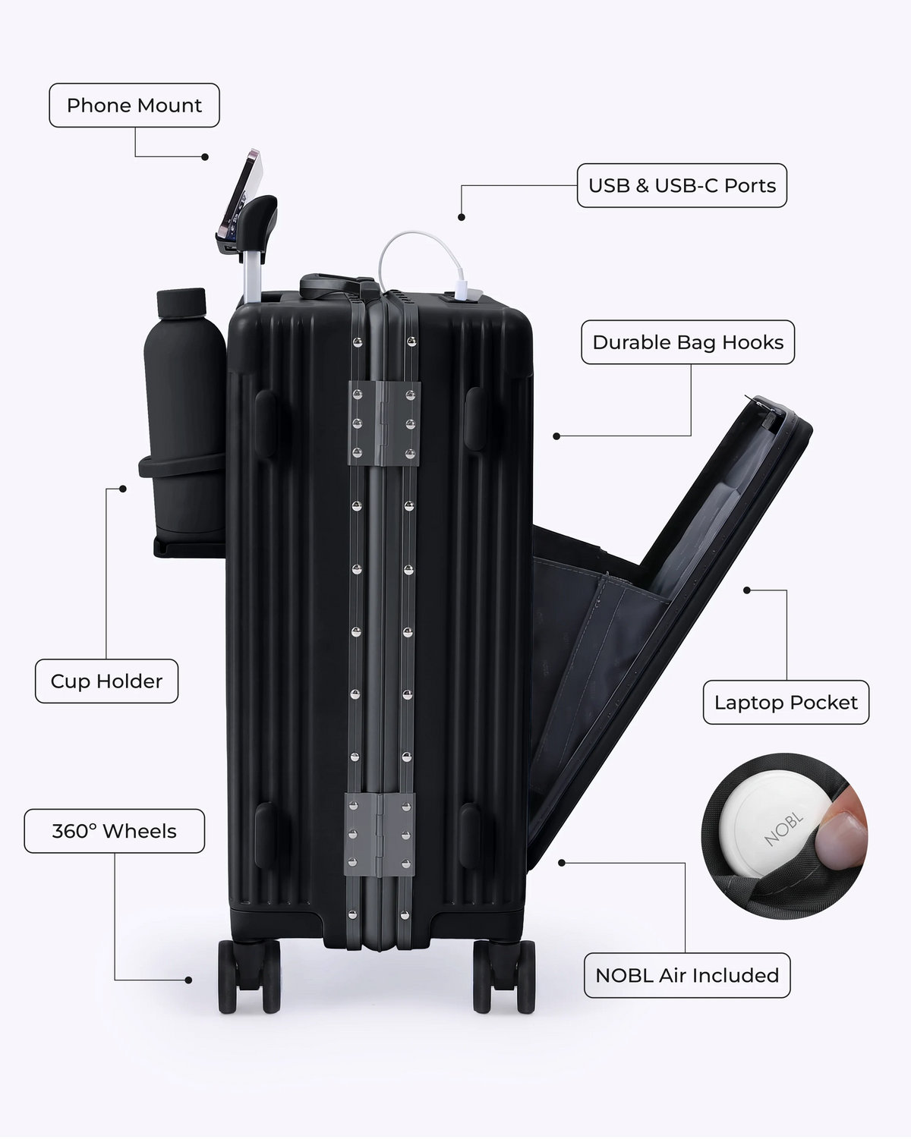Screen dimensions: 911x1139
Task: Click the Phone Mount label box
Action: [x=134, y=105]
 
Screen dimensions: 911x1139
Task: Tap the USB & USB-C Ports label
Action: [x=682, y=185]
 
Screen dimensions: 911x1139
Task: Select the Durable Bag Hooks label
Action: [x=688, y=342]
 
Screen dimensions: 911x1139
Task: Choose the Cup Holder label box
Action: [x=106, y=681]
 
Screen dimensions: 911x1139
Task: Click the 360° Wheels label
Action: [x=114, y=831]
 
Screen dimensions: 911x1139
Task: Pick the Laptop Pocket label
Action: [x=786, y=703]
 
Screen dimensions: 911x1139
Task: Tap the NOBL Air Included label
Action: [x=687, y=975]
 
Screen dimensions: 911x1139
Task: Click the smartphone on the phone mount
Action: [x=240, y=195]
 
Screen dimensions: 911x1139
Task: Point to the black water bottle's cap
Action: [x=181, y=303]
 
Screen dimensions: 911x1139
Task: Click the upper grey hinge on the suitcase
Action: [x=384, y=423]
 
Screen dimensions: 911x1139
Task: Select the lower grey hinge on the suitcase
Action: [x=380, y=835]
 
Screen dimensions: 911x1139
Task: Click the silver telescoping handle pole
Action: [x=252, y=276]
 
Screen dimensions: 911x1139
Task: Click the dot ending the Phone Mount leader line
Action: [x=205, y=156]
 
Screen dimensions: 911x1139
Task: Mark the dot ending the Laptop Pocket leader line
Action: [x=747, y=590]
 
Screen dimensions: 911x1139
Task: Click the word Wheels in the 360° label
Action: [x=139, y=831]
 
